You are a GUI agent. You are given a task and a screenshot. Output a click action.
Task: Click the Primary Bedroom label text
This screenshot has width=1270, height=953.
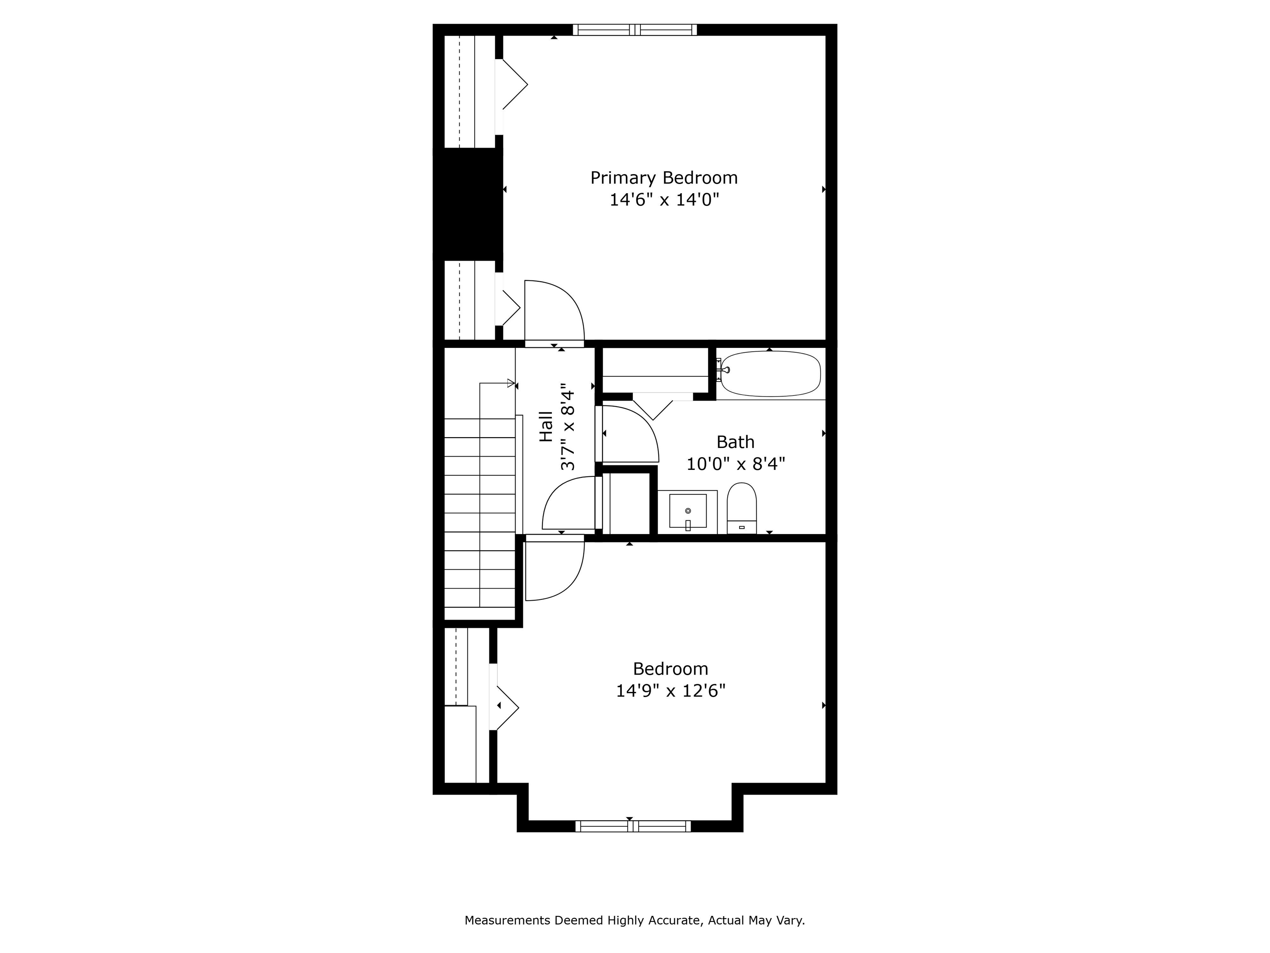point(664,178)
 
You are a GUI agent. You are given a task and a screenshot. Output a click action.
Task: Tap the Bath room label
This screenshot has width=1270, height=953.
point(735,442)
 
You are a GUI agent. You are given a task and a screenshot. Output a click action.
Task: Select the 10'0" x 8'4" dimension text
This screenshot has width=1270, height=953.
point(735,464)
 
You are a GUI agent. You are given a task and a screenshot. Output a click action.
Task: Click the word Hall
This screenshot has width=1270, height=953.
point(546,426)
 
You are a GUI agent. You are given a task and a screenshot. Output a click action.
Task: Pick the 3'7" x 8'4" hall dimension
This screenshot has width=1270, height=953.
point(568,427)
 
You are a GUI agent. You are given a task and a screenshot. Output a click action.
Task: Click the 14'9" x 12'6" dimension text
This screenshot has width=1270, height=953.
point(671,690)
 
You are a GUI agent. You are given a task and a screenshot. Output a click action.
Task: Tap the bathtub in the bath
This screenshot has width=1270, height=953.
point(771,374)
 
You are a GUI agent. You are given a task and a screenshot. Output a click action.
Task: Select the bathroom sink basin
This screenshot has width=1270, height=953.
point(688,511)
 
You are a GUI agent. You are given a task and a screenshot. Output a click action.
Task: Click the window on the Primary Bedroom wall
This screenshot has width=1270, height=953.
point(635,30)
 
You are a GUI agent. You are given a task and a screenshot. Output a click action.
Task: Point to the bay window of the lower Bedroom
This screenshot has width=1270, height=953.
point(633,826)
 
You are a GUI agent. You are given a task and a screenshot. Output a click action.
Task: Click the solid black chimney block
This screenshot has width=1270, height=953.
point(468,204)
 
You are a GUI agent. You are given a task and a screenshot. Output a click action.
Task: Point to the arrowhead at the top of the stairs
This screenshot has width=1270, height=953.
point(511,383)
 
